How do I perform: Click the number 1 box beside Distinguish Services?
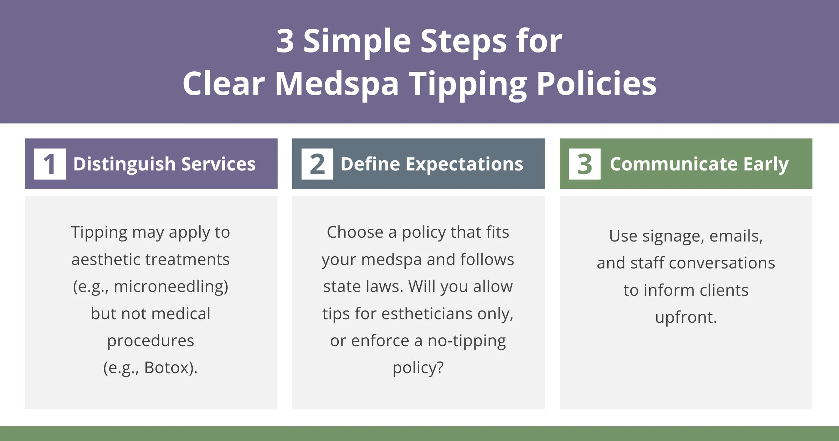pos(50,164)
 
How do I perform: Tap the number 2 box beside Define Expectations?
pos(317,164)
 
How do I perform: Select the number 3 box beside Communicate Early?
pos(585,164)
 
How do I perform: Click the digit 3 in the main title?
pos(285,41)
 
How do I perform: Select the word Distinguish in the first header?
pos(124,164)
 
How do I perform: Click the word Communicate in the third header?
pos(673,164)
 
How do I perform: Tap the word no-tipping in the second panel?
pos(467,341)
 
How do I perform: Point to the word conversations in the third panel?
pos(722,263)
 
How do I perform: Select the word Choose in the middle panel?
pos(355,232)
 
